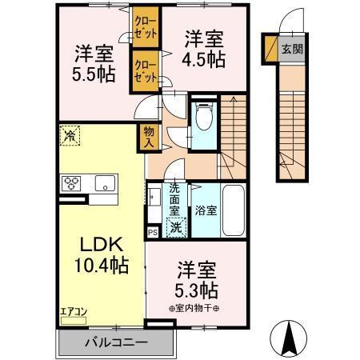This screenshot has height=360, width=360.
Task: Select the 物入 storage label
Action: coord(150,138)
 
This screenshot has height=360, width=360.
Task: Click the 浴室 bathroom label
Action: coord(206,211)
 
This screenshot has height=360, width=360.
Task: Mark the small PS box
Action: coord(152,232)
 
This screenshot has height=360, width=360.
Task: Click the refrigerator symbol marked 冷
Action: coord(70,136)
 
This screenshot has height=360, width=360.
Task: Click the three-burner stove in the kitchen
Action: coord(72,183)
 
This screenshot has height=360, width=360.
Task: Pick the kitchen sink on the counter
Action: coord(104,184)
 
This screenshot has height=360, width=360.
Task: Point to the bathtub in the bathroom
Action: coord(234,210)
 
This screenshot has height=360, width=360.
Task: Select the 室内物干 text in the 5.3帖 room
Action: coord(197,307)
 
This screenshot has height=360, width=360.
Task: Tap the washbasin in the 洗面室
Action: coord(153,195)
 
